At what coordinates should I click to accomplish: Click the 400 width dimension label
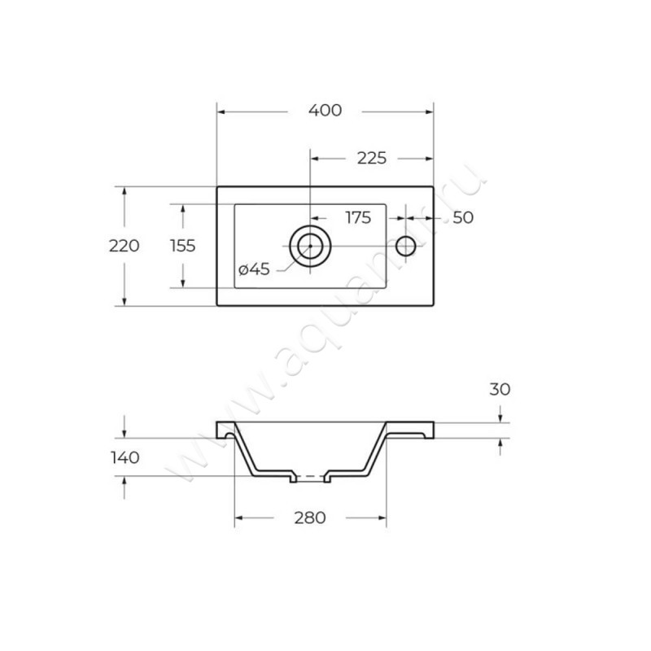coord(325,111)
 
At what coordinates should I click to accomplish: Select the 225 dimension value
coord(371,158)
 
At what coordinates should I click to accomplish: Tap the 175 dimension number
coord(358,217)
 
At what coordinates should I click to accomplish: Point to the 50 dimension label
coord(463,217)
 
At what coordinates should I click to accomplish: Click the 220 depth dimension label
coord(125,246)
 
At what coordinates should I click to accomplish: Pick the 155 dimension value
coord(182,246)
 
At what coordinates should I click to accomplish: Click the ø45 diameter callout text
coord(254,269)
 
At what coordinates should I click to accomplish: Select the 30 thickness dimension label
coord(500,389)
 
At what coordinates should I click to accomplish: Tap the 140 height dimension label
coord(124,457)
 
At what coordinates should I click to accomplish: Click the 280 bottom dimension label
coord(309,518)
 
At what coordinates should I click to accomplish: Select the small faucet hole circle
coord(405,246)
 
